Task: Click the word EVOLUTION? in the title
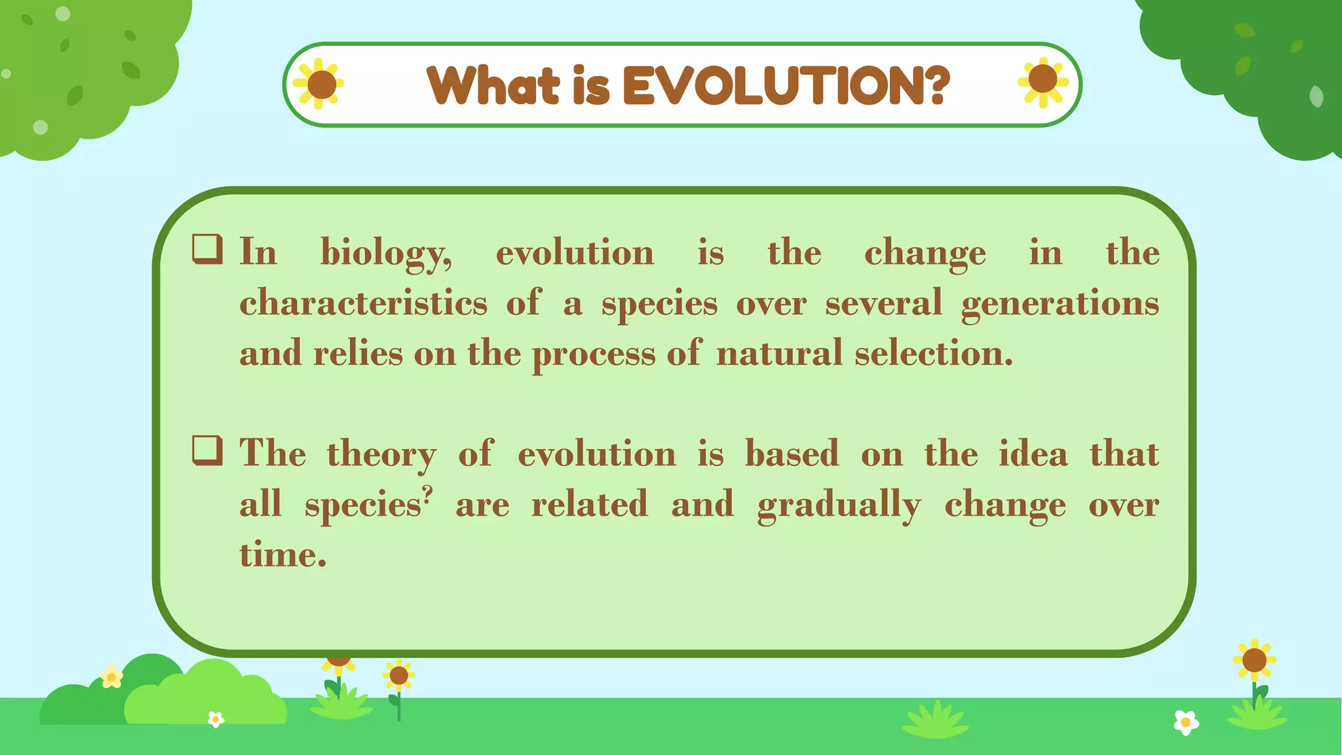click(x=786, y=86)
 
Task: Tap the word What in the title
click(x=493, y=86)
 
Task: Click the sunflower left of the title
click(x=320, y=84)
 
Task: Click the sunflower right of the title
click(x=1043, y=81)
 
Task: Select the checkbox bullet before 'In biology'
click(x=207, y=250)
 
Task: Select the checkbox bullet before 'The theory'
click(x=207, y=451)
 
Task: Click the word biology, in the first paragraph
click(x=385, y=254)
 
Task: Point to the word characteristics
click(x=363, y=303)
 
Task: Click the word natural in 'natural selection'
click(x=779, y=354)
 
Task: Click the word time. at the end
click(x=282, y=555)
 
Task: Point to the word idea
click(x=1033, y=454)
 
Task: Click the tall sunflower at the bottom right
click(x=1254, y=661)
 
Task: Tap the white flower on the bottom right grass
click(x=1185, y=722)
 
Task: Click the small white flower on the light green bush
click(x=216, y=720)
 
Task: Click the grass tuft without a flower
click(x=935, y=721)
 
